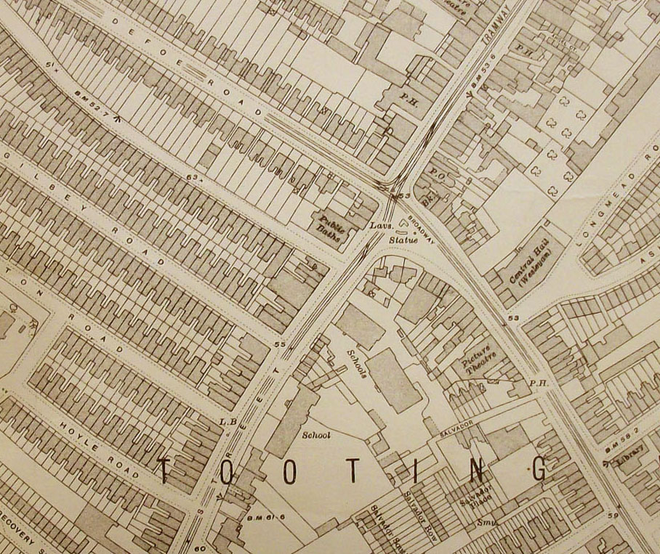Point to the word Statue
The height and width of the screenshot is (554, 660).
(402, 238)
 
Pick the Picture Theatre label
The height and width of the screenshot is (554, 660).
(478, 357)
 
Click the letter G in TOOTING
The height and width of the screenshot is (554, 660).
(539, 470)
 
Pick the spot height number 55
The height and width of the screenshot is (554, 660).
(280, 343)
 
